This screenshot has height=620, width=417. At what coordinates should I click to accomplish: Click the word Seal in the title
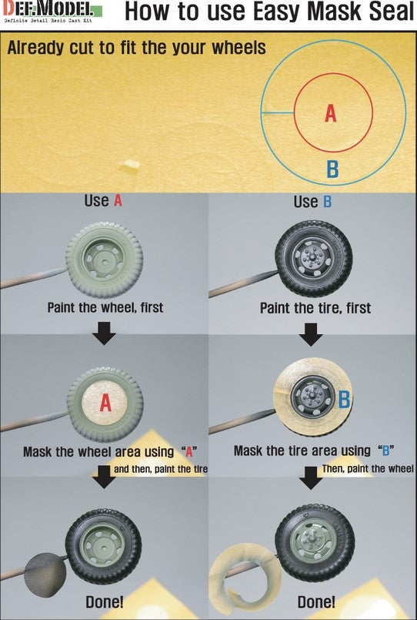392,12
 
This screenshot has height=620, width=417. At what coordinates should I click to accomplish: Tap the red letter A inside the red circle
331,113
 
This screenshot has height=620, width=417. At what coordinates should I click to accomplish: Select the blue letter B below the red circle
332,169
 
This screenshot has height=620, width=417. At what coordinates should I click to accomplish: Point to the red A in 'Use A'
118,201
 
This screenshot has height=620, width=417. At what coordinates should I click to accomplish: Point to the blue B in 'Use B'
327,202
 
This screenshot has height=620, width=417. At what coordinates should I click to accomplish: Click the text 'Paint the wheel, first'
105,307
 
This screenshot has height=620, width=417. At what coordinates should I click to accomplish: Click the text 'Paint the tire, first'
315,308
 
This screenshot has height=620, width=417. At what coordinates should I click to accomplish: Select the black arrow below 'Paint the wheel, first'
105,333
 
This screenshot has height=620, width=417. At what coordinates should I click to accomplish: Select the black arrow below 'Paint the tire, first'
311,334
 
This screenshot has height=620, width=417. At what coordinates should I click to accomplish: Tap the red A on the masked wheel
105,403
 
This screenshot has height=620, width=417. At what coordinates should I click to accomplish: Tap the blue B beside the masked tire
345,400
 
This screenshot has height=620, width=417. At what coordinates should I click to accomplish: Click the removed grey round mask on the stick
45,574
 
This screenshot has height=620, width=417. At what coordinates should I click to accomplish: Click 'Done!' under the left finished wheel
105,602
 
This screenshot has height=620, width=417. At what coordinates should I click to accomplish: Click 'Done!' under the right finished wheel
316,602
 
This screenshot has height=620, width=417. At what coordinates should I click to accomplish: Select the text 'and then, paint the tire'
161,469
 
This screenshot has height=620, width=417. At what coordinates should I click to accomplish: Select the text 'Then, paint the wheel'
368,468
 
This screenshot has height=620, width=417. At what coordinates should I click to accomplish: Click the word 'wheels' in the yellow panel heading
239,48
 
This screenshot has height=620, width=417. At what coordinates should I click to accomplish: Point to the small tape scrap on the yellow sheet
131,164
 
